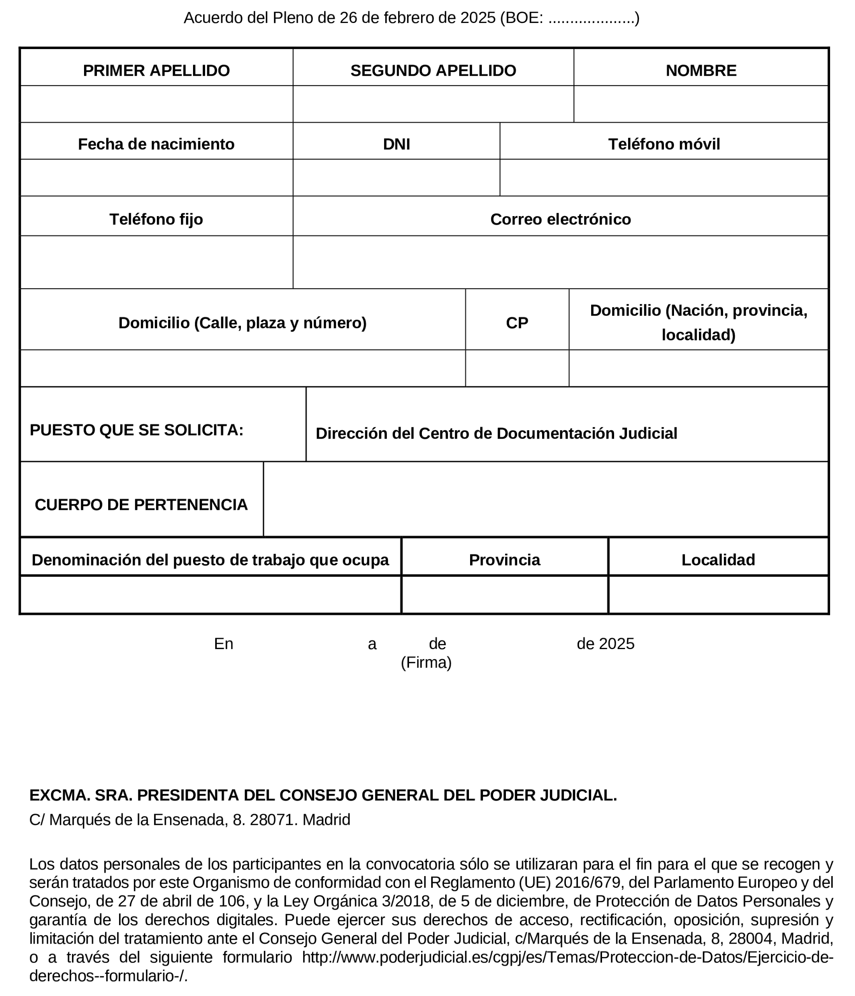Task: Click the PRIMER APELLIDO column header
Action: [x=156, y=71]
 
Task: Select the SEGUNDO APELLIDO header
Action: [x=433, y=71]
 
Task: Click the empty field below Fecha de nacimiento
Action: [x=156, y=177]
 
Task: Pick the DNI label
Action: [x=396, y=144]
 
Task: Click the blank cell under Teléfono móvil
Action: [x=664, y=177]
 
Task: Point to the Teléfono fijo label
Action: [x=156, y=219]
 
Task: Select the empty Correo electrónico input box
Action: [x=560, y=262]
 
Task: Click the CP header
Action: [x=517, y=323]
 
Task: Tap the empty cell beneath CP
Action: [x=517, y=368]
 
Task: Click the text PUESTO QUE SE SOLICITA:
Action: [x=136, y=430]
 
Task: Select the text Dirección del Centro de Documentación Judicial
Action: [x=496, y=433]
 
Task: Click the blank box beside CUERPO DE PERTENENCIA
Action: [x=546, y=499]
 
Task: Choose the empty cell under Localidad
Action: [x=718, y=595]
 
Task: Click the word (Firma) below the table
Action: [x=426, y=662]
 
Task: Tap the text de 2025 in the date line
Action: [x=605, y=643]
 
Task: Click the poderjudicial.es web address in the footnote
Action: [x=567, y=957]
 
